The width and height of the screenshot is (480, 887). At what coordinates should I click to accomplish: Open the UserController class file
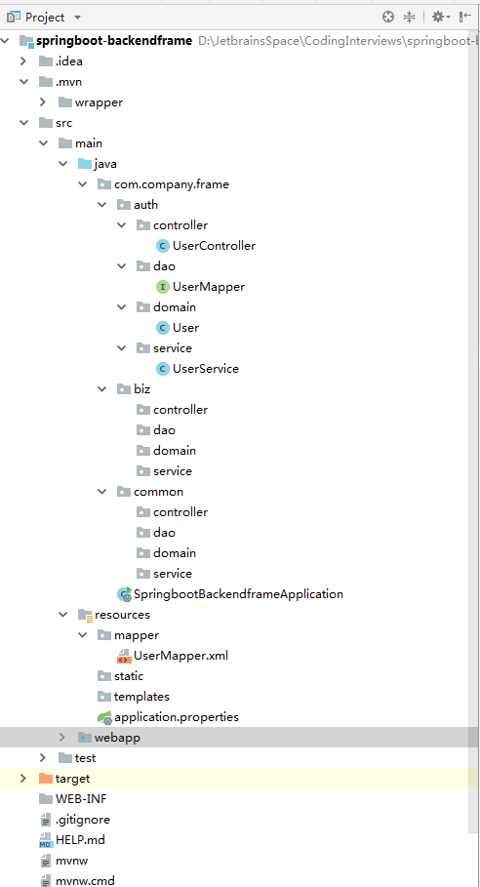(214, 246)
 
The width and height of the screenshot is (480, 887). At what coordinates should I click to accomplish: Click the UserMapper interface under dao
(208, 287)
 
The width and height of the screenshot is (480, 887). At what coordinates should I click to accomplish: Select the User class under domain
(185, 328)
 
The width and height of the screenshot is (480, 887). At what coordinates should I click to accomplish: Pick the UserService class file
(205, 369)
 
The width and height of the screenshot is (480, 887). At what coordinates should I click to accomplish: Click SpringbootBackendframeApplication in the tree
(238, 593)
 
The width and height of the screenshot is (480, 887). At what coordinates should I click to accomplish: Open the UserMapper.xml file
(180, 656)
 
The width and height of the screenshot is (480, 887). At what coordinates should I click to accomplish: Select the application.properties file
(176, 717)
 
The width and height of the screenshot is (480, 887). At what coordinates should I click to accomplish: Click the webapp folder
(117, 738)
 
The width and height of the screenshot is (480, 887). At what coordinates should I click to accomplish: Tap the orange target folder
(72, 779)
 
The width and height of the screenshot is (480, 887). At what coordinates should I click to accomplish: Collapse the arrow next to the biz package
(101, 389)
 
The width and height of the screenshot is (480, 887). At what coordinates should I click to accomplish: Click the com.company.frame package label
(172, 184)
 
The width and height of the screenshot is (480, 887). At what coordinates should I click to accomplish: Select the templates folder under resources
(141, 697)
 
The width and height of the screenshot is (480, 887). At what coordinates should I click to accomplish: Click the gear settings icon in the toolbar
(438, 17)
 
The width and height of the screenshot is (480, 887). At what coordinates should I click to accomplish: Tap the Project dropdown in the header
(53, 17)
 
